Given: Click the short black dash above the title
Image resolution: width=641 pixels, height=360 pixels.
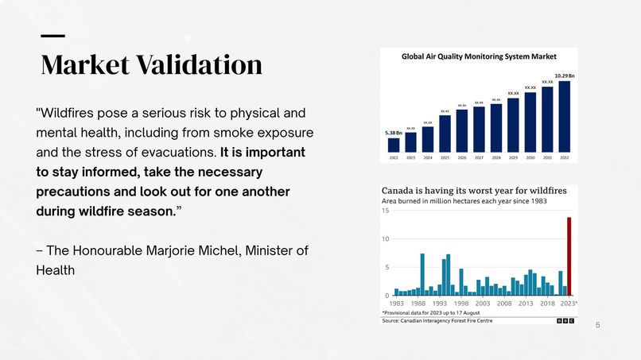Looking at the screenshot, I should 52,36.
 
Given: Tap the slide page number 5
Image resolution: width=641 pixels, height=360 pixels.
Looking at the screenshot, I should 598,326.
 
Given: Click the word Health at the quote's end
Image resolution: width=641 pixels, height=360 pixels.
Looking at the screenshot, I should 56,270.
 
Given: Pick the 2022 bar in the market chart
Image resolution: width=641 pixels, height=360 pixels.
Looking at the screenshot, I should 394,145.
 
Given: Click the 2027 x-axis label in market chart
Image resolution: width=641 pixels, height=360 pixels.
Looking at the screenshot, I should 480,157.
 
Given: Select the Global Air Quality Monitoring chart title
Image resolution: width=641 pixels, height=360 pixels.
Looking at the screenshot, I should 479,56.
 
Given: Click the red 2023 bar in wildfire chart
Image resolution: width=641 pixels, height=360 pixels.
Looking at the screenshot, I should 569,256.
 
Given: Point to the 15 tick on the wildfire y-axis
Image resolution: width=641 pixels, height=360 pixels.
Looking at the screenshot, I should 386,211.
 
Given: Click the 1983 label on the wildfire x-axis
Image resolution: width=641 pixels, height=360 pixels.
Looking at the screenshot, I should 396,303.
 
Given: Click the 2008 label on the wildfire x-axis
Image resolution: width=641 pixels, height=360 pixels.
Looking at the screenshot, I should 504,303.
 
